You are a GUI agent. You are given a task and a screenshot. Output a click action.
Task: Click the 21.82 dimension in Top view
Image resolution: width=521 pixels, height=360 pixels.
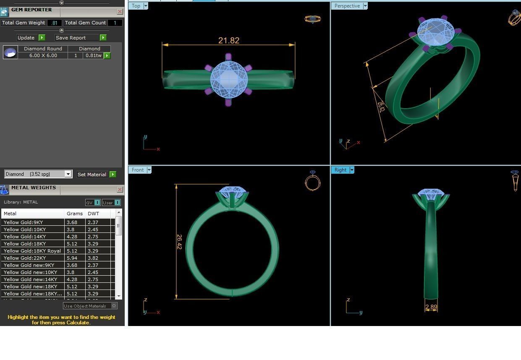pyautogui.click(x=229, y=41)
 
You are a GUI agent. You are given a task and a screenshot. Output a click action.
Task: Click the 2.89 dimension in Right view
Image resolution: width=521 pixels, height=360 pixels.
pyautogui.click(x=431, y=307)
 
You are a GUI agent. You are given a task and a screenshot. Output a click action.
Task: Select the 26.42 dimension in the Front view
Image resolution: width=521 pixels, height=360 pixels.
pyautogui.click(x=179, y=242)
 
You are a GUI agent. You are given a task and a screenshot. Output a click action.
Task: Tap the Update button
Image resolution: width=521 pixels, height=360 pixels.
pyautogui.click(x=26, y=38)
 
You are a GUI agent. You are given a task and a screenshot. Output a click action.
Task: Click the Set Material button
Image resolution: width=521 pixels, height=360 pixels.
pyautogui.click(x=92, y=175)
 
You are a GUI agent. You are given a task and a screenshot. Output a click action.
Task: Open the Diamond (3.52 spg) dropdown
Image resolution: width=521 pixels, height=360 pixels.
pyautogui.click(x=68, y=174)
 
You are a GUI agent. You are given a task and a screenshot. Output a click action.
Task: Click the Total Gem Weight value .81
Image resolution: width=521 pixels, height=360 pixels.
pyautogui.click(x=54, y=23)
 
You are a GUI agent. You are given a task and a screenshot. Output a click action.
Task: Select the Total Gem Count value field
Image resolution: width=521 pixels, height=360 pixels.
pyautogui.click(x=115, y=23)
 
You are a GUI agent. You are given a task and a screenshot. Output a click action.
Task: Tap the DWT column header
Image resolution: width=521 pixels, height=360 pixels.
pyautogui.click(x=93, y=214)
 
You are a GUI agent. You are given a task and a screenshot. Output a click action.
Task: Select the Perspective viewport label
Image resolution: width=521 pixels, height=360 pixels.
pyautogui.click(x=347, y=6)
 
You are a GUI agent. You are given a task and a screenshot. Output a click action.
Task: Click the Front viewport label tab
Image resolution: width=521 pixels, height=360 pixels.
pyautogui.click(x=137, y=170)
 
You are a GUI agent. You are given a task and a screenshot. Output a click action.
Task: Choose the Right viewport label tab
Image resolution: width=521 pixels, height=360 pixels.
pyautogui.click(x=340, y=170)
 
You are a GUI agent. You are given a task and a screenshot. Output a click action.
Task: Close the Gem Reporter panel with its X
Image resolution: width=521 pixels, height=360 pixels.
pyautogui.click(x=120, y=12)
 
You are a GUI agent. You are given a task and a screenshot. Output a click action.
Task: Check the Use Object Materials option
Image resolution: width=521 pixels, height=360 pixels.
pyautogui.click(x=114, y=306)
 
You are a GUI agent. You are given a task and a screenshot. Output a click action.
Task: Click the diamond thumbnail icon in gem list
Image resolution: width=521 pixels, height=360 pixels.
pyautogui.click(x=10, y=52)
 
